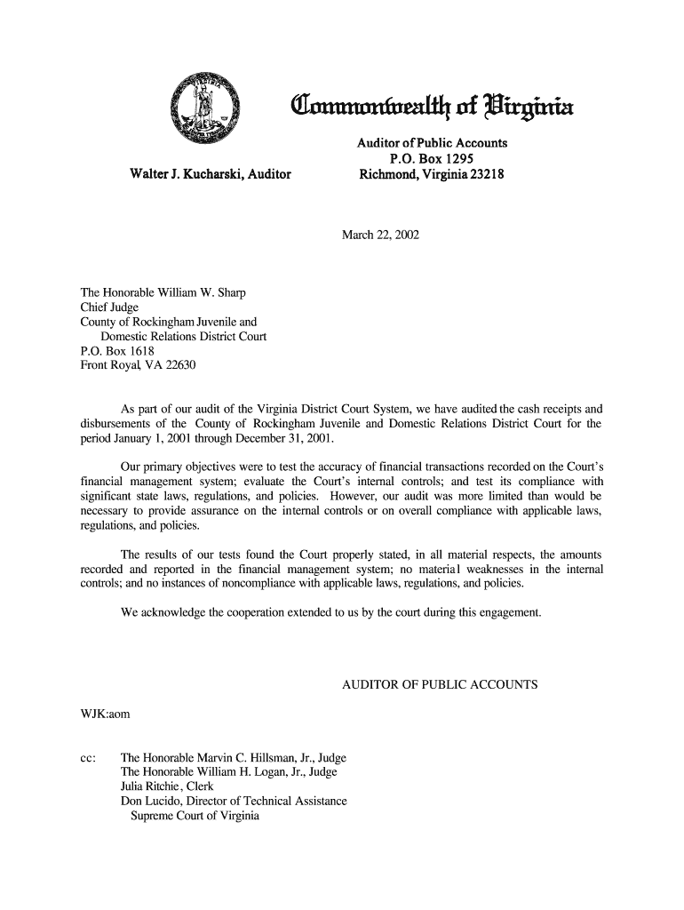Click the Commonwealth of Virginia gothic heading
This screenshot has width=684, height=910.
pyautogui.click(x=433, y=109)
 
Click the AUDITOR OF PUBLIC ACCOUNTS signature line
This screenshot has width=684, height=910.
pyautogui.click(x=440, y=685)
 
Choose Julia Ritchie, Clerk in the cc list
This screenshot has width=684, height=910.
pyautogui.click(x=175, y=787)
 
